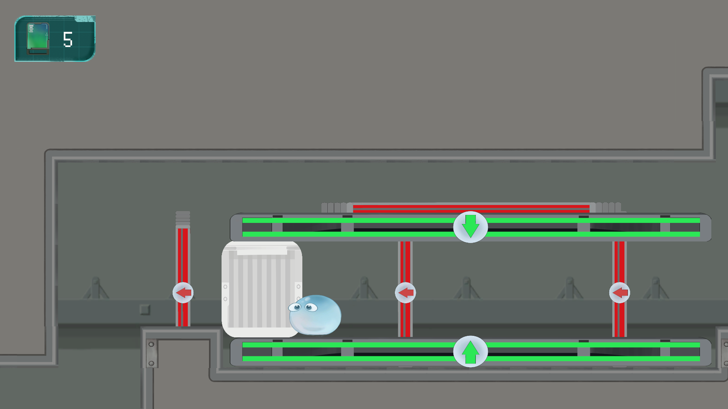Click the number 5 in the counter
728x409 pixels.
[68, 39]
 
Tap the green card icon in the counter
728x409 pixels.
[38, 38]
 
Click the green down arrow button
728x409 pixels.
[470, 227]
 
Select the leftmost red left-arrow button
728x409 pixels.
[183, 293]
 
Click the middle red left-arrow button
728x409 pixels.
[406, 293]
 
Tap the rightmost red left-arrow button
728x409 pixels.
[620, 293]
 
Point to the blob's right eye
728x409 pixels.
[311, 307]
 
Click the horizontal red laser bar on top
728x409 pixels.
[470, 208]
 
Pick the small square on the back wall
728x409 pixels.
[145, 310]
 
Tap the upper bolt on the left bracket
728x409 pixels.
[151, 344]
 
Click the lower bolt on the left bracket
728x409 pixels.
[151, 364]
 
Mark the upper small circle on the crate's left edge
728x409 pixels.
[225, 287]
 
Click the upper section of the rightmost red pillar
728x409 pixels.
[619, 262]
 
